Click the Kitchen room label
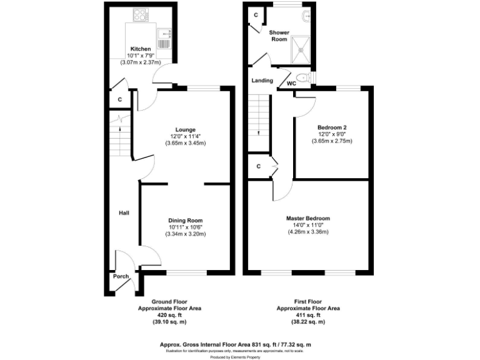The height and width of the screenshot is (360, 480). [x=140, y=49]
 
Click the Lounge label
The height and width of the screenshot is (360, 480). [x=186, y=129]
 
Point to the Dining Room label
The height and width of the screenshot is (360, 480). [x=186, y=220]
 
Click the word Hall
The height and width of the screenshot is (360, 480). [x=124, y=214]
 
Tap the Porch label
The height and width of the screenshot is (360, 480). [x=121, y=276]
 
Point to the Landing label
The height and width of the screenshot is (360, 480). [x=262, y=81]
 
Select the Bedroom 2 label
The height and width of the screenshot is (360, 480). [x=332, y=127]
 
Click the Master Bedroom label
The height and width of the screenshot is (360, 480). [x=307, y=218]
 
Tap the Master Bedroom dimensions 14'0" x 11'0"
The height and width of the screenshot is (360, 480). [x=307, y=225]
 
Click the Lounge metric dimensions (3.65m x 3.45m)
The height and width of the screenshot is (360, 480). [x=186, y=143]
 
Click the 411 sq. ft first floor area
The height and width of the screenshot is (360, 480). [x=308, y=315]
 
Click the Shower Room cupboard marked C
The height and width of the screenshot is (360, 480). [x=255, y=14]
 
